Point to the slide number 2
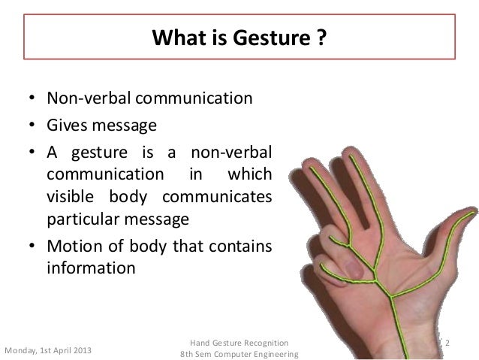point(447,343)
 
